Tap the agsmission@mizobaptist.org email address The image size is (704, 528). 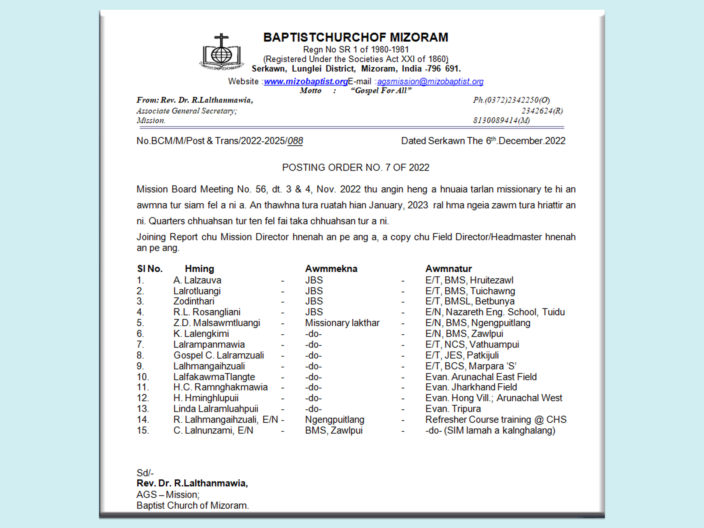pos(430,82)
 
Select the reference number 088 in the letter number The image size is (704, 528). pos(295,141)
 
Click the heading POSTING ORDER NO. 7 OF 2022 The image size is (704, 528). pos(356,167)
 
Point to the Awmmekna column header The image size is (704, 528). pos(331,269)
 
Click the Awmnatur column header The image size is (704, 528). pos(448,269)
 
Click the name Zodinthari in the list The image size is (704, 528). pos(194,301)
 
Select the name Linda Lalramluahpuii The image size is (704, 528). pos(216,409)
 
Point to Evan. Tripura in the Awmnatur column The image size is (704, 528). pos(453,409)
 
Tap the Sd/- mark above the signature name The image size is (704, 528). pos(145,473)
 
